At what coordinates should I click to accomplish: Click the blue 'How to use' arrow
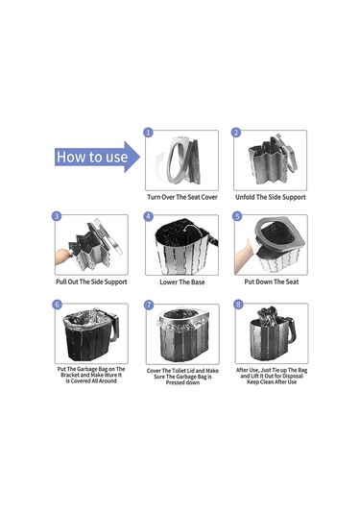coord(97,157)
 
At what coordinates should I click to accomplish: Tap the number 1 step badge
coord(149,133)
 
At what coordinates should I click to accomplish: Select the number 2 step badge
coord(236,133)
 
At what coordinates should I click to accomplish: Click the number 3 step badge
coord(57,216)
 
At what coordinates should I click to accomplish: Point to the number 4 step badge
coord(149,216)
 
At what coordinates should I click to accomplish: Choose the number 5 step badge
coord(237,216)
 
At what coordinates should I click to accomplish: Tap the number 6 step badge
coord(57,305)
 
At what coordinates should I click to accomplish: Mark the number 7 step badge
coord(149,305)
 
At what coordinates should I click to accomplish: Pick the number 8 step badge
coord(238,305)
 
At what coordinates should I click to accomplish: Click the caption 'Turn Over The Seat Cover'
coord(182,197)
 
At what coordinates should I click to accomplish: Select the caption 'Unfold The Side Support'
coord(271,197)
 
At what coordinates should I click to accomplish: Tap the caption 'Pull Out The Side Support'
coord(91,281)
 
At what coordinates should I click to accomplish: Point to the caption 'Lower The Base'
coord(182,281)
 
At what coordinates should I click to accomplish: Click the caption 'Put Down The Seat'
coord(272,281)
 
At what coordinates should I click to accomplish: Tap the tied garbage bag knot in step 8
coord(267,314)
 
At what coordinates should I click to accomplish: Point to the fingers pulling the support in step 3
coord(62,256)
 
